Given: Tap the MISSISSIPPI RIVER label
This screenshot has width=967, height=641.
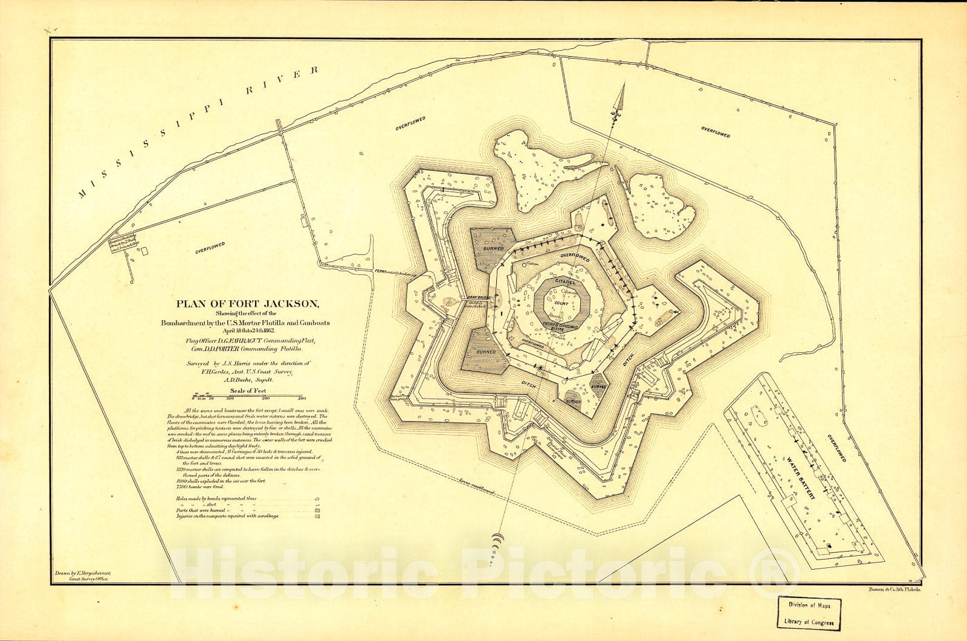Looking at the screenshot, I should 198,131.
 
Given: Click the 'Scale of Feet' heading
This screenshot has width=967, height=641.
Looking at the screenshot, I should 248,391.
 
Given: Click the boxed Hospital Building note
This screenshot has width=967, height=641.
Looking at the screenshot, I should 124,242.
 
